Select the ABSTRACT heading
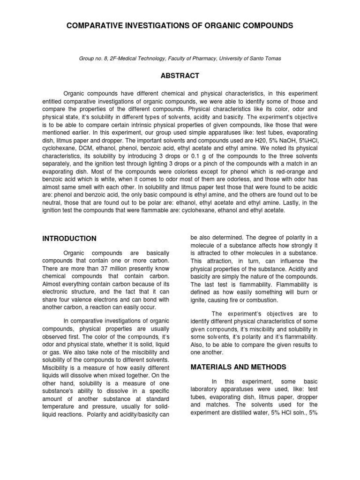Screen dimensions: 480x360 (x=180, y=75)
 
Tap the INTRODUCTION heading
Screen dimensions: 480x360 (x=69, y=238)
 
